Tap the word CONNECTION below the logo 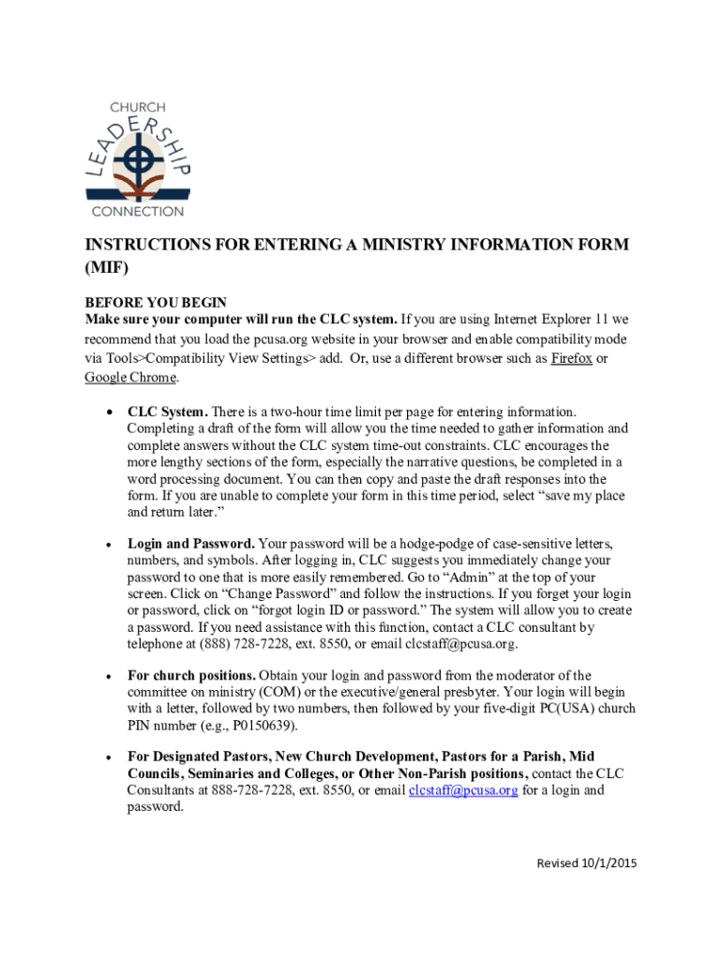(138, 211)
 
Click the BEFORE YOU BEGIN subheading (156, 302)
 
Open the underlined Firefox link (571, 360)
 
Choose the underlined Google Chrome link (130, 377)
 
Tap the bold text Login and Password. (191, 544)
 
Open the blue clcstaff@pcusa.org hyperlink (463, 790)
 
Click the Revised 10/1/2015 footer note (586, 863)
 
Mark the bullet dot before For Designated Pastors (110, 757)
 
